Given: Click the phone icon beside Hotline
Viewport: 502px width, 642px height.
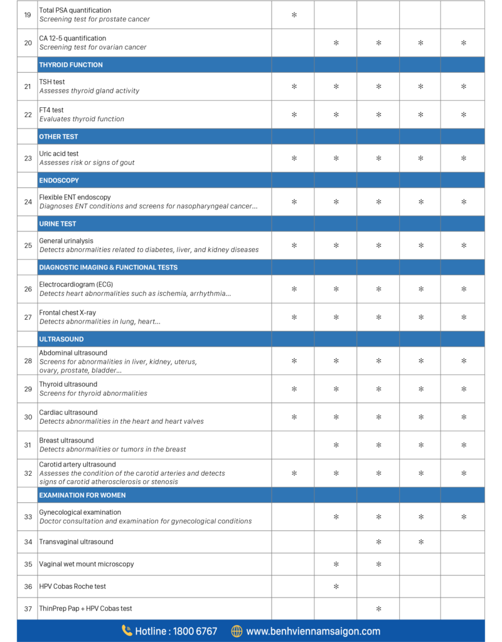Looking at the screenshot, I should tap(127, 631).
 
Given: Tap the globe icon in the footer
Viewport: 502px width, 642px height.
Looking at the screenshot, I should tap(237, 631).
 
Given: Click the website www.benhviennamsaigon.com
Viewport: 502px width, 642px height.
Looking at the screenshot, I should tap(313, 631).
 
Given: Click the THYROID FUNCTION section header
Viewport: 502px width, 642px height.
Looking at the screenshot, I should tap(71, 65).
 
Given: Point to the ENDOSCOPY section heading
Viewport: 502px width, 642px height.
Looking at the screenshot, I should tap(59, 181).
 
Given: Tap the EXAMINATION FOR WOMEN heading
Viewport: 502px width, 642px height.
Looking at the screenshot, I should tap(82, 495).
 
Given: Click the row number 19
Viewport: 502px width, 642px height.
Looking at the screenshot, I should tap(28, 14).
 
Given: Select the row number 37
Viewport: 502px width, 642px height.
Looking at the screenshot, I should tap(28, 609).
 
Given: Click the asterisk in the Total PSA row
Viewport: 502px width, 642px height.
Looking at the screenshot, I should tap(294, 14).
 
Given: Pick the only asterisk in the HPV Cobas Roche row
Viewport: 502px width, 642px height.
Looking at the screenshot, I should tap(336, 587).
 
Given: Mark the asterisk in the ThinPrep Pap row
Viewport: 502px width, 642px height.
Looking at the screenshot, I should tap(378, 609).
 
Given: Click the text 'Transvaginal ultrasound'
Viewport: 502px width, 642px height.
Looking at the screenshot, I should tap(77, 542).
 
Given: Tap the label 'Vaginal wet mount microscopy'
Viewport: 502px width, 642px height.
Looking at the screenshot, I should tap(87, 564).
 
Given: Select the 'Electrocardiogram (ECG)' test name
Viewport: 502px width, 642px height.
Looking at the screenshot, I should tap(76, 285).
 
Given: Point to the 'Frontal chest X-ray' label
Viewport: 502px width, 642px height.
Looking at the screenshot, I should tap(68, 313).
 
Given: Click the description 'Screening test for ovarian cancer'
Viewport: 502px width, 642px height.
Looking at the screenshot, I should tap(93, 47).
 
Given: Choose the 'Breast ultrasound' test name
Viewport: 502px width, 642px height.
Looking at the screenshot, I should tap(67, 441).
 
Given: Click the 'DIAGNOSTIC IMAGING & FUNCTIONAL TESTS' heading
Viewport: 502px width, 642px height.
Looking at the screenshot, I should tap(108, 268).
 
